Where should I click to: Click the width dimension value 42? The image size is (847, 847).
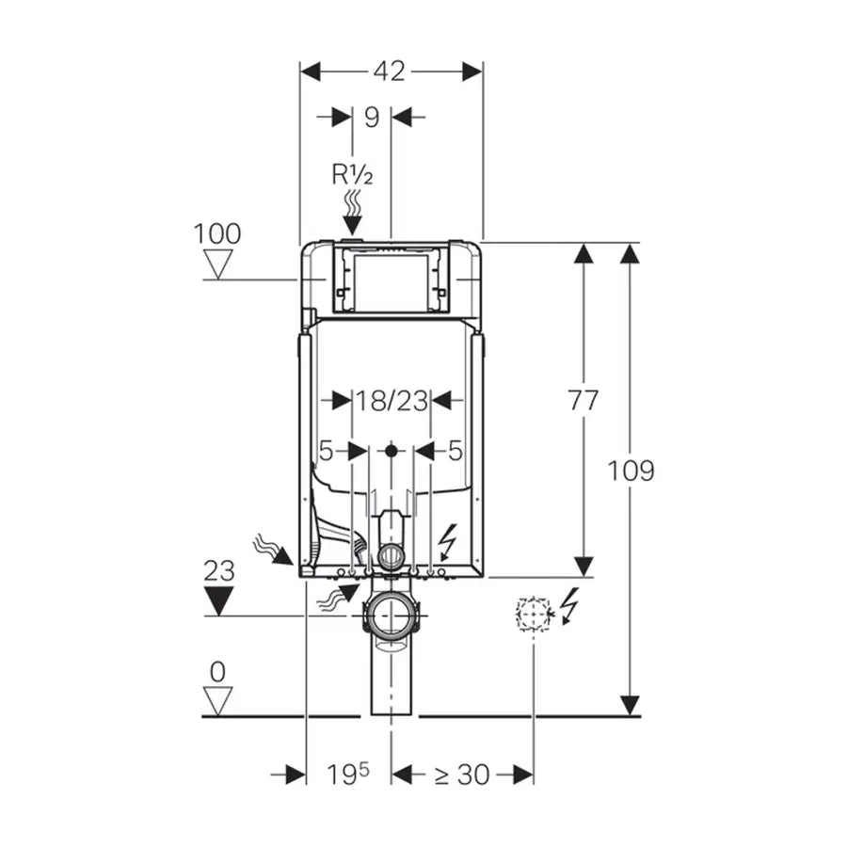[390, 72]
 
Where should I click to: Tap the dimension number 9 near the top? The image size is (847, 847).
[371, 117]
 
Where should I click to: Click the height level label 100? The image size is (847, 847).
[217, 233]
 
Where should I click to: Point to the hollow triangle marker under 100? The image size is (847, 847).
[218, 264]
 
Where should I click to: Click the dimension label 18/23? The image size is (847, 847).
[391, 401]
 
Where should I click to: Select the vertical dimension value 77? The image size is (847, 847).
[583, 401]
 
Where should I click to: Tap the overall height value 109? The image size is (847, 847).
[630, 471]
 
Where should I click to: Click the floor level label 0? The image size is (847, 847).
[217, 672]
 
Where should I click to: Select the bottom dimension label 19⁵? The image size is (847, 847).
[347, 775]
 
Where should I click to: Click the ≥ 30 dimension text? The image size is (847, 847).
[461, 775]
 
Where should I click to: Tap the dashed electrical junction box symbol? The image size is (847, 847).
[532, 614]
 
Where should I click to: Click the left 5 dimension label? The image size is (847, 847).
[326, 452]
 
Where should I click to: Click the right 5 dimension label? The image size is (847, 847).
[455, 452]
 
